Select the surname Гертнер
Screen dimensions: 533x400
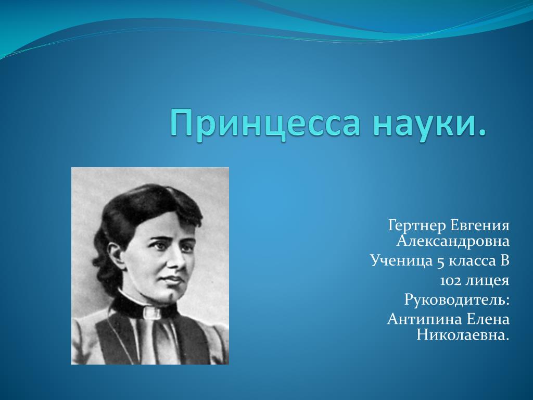(x=417, y=226)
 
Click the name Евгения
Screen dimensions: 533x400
(x=480, y=226)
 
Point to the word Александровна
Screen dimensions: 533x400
(x=453, y=241)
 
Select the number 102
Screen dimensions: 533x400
(x=450, y=281)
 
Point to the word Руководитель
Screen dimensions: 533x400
(x=457, y=300)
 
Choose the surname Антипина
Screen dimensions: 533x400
(x=424, y=319)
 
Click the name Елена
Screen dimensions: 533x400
(x=488, y=319)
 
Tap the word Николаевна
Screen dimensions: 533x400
(x=463, y=335)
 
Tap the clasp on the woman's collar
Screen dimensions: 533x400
(x=151, y=312)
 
